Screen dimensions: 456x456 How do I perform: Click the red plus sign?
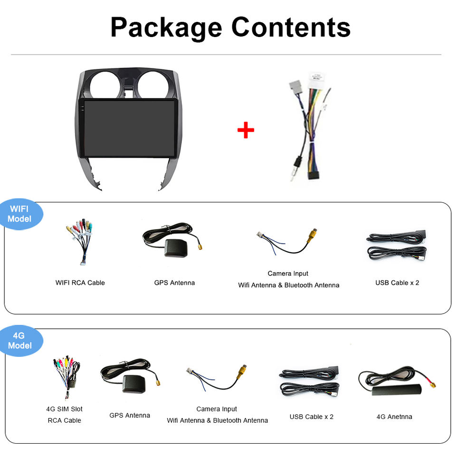(x=246, y=130)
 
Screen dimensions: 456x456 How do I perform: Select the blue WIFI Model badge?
(x=20, y=214)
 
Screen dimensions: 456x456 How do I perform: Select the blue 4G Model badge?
(x=20, y=341)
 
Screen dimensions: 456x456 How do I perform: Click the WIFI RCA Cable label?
(x=80, y=283)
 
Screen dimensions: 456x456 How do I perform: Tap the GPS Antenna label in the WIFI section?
(x=174, y=283)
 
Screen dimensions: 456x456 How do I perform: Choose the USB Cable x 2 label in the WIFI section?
(x=397, y=283)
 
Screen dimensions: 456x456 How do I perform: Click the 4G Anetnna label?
(x=394, y=417)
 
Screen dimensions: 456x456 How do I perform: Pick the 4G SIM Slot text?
(x=64, y=409)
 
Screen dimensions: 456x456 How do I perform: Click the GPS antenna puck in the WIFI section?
(x=176, y=247)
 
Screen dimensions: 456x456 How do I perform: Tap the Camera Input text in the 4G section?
(x=217, y=409)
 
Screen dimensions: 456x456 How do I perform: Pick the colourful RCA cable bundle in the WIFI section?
(x=79, y=240)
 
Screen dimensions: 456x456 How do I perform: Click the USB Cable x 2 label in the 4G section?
(x=312, y=417)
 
